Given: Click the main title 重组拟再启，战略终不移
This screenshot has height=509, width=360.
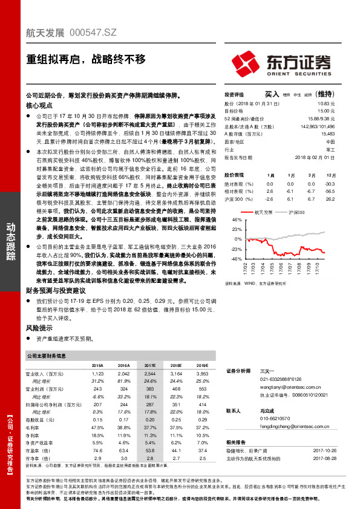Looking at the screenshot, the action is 86,59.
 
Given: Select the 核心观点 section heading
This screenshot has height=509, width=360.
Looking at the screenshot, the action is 39,105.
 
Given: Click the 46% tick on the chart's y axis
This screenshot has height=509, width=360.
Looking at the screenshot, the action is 237,221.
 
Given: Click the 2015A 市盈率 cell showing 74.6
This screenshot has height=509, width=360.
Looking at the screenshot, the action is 97,433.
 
